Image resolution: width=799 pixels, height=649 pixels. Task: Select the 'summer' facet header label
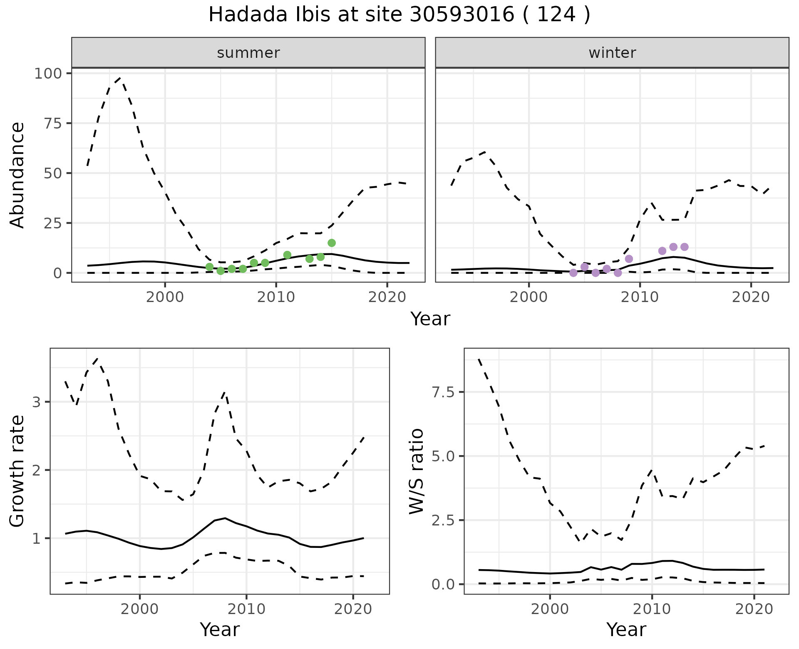(x=248, y=53)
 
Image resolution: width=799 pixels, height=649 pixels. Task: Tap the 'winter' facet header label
(x=612, y=53)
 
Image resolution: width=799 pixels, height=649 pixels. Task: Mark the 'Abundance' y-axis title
(x=17, y=175)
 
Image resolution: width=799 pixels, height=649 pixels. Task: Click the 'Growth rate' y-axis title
(x=17, y=471)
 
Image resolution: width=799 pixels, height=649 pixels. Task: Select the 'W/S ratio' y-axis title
(x=416, y=471)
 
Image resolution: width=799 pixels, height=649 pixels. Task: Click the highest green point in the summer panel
(x=332, y=243)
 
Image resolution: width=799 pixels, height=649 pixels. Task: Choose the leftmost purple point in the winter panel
(x=573, y=273)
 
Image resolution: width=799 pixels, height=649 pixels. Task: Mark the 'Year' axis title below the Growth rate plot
(x=219, y=630)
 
